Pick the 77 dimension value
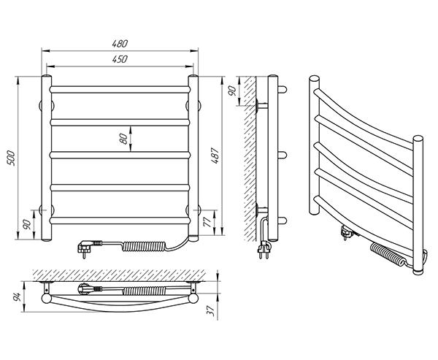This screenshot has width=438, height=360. [207, 221]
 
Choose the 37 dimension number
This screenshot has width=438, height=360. [210, 310]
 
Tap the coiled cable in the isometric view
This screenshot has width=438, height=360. [388, 256]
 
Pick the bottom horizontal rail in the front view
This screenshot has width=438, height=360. [120, 218]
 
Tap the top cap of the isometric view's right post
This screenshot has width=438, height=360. [418, 138]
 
